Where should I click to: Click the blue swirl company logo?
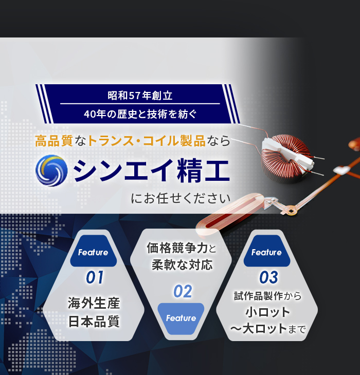pyautogui.click(x=51, y=171)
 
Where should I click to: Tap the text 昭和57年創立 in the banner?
pyautogui.click(x=140, y=96)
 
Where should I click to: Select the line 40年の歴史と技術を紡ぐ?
pyautogui.click(x=140, y=114)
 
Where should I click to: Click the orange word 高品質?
pyautogui.click(x=54, y=141)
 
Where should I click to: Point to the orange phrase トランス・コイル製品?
pyautogui.click(x=147, y=141)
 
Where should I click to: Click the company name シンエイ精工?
pyautogui.click(x=152, y=171)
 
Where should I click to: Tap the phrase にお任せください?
pyautogui.click(x=181, y=198)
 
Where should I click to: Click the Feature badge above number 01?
pyautogui.click(x=94, y=251)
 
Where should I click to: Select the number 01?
pyautogui.click(x=95, y=277)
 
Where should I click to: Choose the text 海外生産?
pyautogui.click(x=94, y=303)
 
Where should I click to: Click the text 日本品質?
pyautogui.click(x=94, y=321)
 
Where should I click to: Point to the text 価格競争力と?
pyautogui.click(x=181, y=248)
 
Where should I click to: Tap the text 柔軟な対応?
pyautogui.click(x=182, y=265)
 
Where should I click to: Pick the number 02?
pyautogui.click(x=183, y=291)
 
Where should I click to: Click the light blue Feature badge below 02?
pyautogui.click(x=181, y=318)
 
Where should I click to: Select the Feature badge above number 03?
pyautogui.click(x=267, y=251)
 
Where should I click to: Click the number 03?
pyautogui.click(x=268, y=277)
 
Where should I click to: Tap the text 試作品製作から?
pyautogui.click(x=267, y=296)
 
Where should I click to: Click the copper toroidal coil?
pyautogui.click(x=286, y=158)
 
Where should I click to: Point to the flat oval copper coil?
pyautogui.click(x=230, y=214)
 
